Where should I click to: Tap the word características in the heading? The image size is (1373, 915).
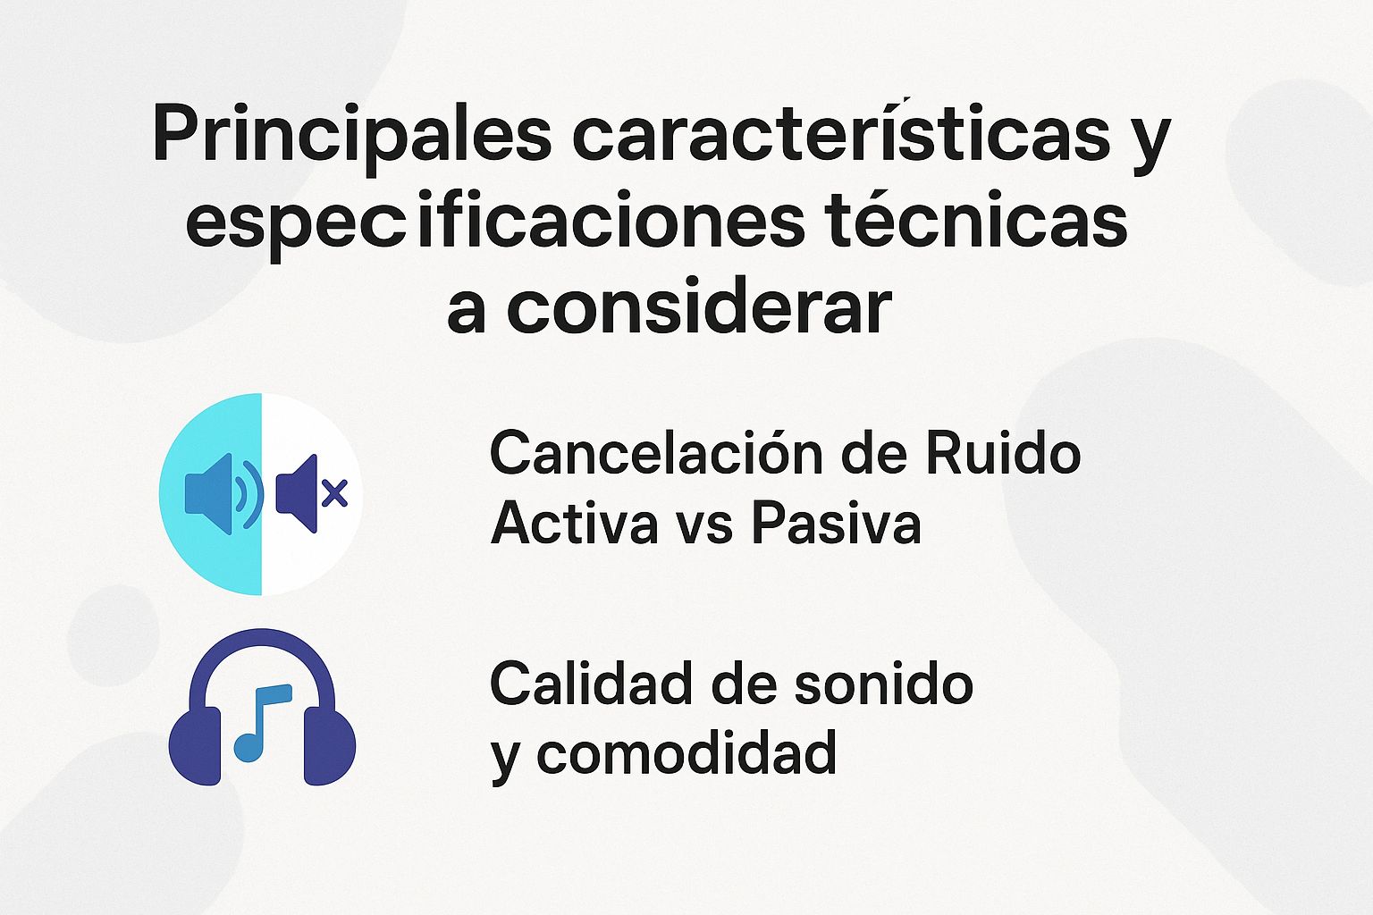tap(840, 134)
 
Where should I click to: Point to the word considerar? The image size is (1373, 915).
tap(699, 309)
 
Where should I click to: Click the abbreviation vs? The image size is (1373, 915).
tap(705, 524)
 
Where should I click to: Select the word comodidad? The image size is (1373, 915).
tap(686, 753)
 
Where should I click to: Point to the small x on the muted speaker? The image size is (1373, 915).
tap(334, 492)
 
